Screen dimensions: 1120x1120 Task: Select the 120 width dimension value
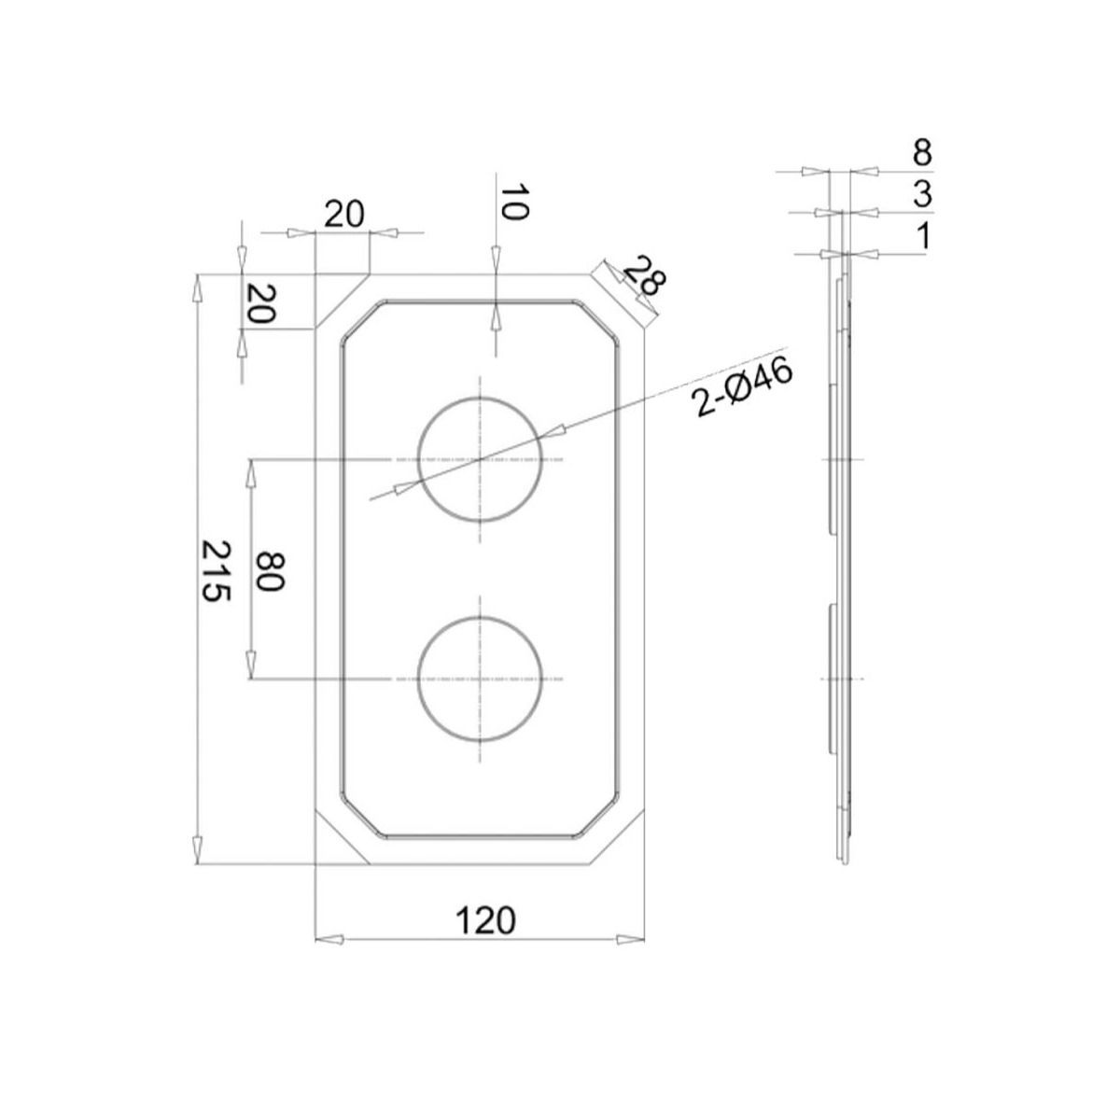[x=484, y=920]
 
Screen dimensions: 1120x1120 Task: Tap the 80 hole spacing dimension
[x=269, y=570]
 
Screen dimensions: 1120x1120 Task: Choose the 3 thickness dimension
[x=922, y=195]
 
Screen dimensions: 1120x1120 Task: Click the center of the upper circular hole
[x=480, y=459]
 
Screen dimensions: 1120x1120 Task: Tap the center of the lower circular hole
[x=480, y=678]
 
